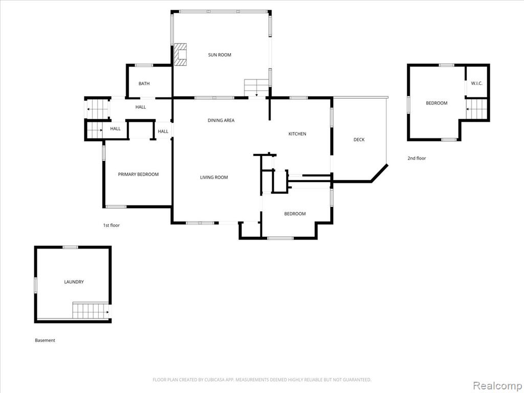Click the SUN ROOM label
(x=220, y=55)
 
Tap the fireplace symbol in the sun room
(x=181, y=54)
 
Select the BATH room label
(x=144, y=83)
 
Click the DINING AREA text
(x=221, y=120)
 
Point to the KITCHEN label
(x=297, y=134)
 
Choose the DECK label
(x=359, y=140)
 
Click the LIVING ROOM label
(x=214, y=178)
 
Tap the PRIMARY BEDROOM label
(x=138, y=174)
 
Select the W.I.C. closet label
(x=476, y=83)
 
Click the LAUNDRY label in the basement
(x=74, y=282)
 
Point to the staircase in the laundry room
(x=91, y=311)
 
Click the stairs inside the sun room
(x=257, y=88)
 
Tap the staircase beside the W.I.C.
(x=476, y=109)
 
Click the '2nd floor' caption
(x=417, y=159)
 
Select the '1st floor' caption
(x=111, y=226)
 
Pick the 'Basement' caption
(x=45, y=340)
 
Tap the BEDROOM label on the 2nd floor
(x=436, y=103)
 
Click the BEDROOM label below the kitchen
(x=295, y=214)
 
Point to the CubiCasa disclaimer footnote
(x=262, y=380)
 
